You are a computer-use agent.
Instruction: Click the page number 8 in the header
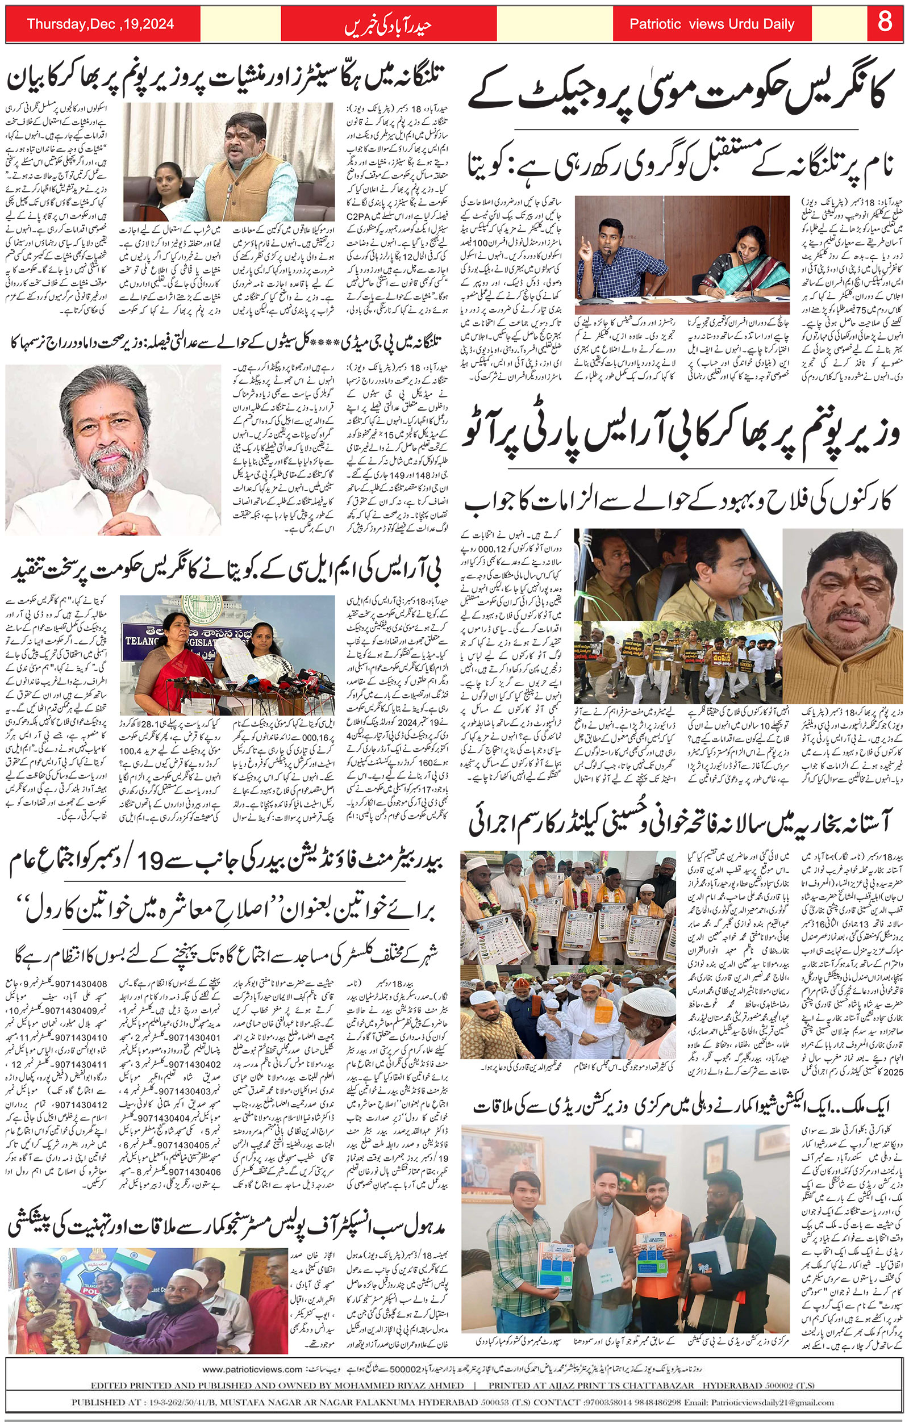pos(884,23)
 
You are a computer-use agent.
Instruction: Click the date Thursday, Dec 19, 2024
pos(100,24)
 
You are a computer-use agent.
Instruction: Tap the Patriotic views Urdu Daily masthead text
pos(711,24)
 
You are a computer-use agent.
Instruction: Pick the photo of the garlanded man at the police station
pos(147,1288)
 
